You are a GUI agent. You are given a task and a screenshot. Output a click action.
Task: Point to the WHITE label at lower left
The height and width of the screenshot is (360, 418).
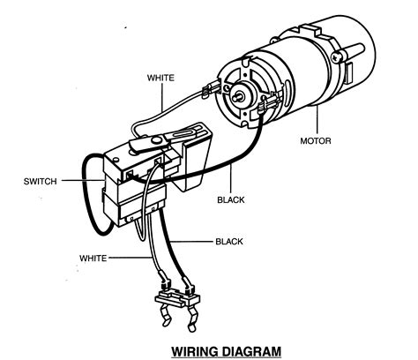click(x=98, y=258)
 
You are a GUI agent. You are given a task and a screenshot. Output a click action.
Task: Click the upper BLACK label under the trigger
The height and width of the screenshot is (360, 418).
click(x=230, y=199)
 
